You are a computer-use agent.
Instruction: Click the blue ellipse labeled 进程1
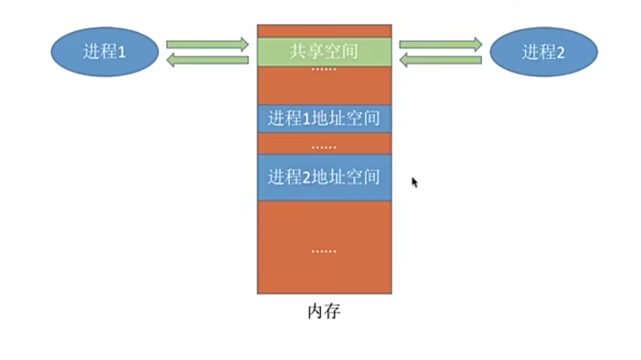coord(105,51)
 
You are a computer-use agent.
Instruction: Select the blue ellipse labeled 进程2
coord(543,52)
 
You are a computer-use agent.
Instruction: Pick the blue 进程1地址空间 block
coord(324,118)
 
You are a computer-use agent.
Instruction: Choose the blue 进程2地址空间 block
coord(324,177)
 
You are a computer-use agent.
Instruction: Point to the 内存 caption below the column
coord(324,312)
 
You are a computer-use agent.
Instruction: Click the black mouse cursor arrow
coord(414,182)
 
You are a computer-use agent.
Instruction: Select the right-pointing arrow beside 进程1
coord(207,44)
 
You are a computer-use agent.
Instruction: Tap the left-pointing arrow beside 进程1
coord(207,60)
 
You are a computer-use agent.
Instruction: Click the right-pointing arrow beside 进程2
coord(440,44)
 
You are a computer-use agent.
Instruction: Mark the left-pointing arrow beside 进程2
coord(440,60)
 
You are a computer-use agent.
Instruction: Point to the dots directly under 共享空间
coord(324,70)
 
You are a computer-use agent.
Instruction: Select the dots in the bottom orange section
coord(324,251)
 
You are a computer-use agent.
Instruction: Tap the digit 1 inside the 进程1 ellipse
coord(122,52)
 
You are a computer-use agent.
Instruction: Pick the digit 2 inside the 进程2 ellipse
coord(560,52)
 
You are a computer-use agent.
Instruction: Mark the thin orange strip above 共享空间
coord(324,31)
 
